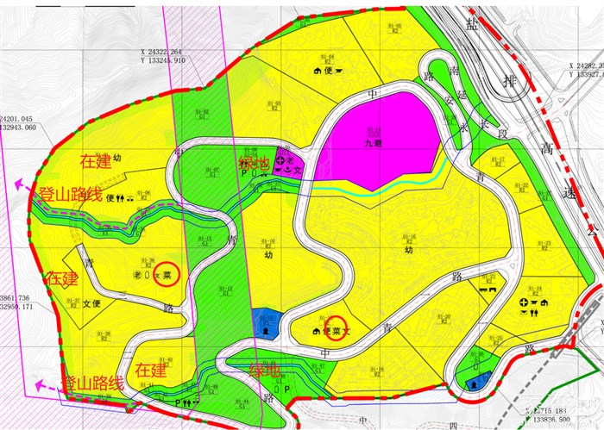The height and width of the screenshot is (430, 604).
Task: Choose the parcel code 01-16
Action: click(x=410, y=239)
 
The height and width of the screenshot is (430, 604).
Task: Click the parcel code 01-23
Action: click(x=544, y=245)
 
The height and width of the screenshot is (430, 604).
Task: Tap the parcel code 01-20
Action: click(x=446, y=317)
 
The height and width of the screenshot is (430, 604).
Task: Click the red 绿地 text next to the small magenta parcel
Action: click(x=255, y=164)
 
